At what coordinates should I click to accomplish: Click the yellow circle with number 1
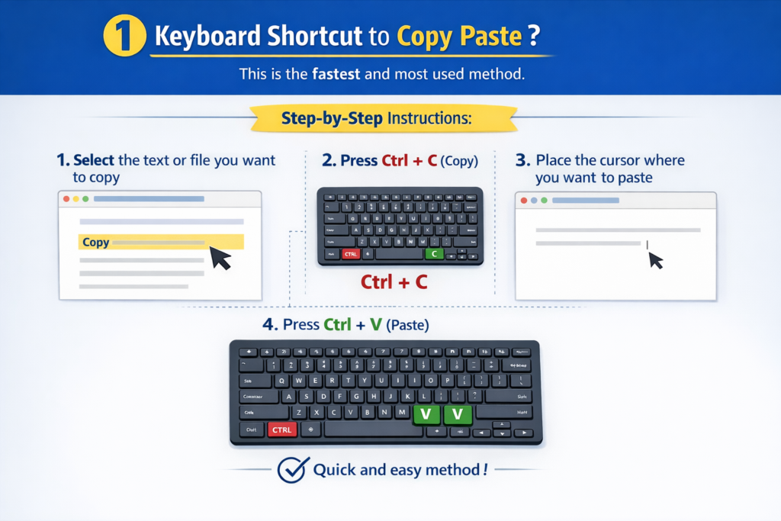coord(125,36)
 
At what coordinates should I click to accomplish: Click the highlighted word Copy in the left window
coord(95,243)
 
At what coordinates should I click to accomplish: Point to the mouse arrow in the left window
coord(220,258)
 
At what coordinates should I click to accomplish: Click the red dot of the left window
coord(66,199)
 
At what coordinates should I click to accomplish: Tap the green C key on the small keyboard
coord(433,253)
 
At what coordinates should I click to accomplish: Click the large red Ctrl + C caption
coord(394,282)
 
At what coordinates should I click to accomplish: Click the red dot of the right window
coord(523,200)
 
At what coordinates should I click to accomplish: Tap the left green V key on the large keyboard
coord(426,413)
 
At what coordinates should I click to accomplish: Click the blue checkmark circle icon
coord(292,470)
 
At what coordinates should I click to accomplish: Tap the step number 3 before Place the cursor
coord(522,160)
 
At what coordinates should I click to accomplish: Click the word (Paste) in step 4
coord(407,325)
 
